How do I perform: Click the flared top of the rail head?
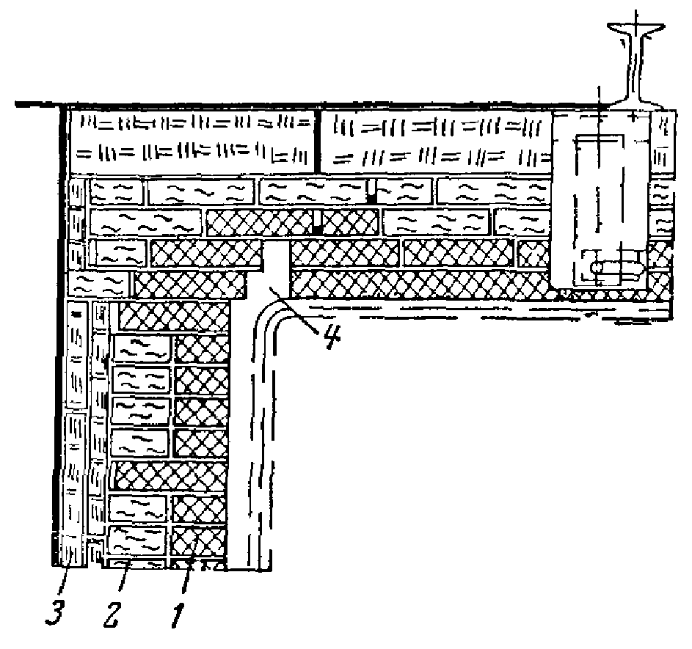[x=636, y=29]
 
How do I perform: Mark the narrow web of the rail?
[x=635, y=66]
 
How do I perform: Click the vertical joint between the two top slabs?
[x=317, y=141]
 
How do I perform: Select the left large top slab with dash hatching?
[x=192, y=141]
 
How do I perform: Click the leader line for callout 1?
[x=189, y=568]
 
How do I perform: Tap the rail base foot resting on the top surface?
[x=635, y=103]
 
